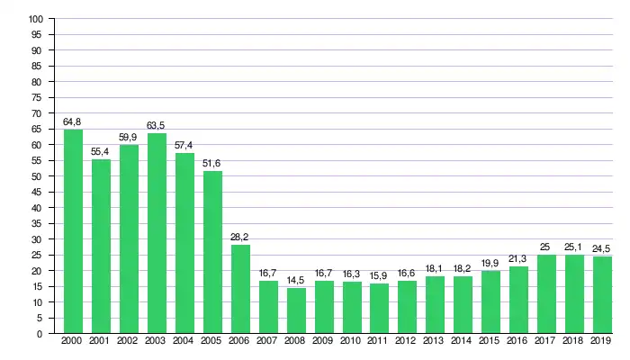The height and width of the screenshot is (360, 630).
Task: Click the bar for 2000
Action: point(73,231)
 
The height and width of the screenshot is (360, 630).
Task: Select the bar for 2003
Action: point(157,233)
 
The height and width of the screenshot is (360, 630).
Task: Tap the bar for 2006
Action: point(240,289)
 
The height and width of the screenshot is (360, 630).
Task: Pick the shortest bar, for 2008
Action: point(296,310)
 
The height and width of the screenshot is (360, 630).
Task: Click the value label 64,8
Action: point(73,121)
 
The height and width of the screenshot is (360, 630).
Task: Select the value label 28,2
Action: point(240,237)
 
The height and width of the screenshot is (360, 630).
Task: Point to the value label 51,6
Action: point(212,163)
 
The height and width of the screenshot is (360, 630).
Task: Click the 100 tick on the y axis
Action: point(36,19)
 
